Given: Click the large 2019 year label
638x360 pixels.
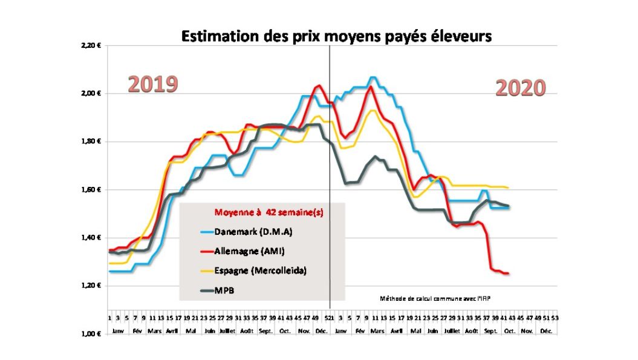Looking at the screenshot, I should tap(152, 84).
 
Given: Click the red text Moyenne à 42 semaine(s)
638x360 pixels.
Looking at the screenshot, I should tap(262, 212).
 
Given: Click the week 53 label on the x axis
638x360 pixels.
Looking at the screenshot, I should tap(555, 318).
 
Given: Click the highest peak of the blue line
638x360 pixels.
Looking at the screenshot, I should tap(373, 77).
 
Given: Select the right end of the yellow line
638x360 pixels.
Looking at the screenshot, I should tap(507, 188).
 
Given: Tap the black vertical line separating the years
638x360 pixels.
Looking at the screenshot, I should tap(330, 182).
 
